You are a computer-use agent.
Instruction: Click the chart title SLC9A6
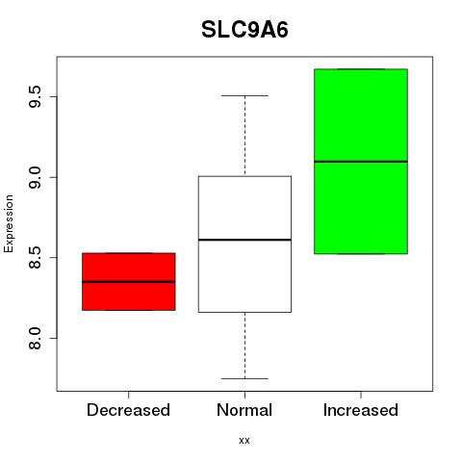coord(244,30)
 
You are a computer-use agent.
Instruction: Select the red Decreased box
coord(129,282)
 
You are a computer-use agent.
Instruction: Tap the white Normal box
coord(244,244)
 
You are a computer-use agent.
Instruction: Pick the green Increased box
coord(361,162)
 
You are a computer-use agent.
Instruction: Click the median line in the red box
coord(129,282)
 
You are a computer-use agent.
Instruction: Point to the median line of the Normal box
coord(244,240)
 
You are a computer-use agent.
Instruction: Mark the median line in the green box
coord(361,162)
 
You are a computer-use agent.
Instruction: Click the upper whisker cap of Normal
coord(244,95)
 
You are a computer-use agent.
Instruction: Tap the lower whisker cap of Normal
coord(244,378)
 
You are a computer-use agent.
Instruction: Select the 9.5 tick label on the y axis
coord(35,97)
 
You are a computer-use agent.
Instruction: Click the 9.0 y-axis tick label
coord(35,177)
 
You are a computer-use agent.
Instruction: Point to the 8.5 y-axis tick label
coord(35,258)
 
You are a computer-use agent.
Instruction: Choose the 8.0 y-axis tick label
coord(35,338)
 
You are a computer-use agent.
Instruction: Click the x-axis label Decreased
coord(128,410)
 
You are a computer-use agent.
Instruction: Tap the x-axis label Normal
coord(244,410)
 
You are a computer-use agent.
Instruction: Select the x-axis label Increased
coord(361,410)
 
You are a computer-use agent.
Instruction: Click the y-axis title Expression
coord(9,223)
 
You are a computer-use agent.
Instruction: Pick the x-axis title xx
coord(244,441)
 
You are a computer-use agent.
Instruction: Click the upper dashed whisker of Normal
coord(245,136)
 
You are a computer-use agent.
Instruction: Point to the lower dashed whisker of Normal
coord(245,346)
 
